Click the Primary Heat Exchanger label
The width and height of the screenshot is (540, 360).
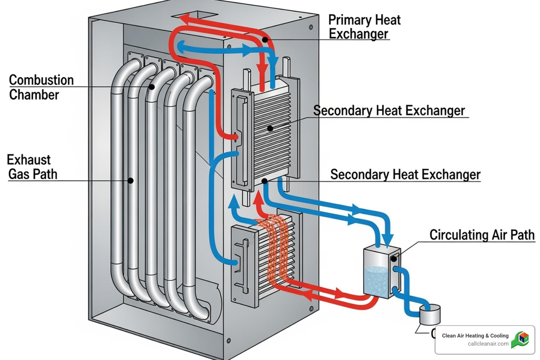click(364, 27)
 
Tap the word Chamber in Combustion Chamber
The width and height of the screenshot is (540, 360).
click(34, 95)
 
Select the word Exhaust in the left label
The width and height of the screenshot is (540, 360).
click(29, 160)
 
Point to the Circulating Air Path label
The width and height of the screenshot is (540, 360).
click(482, 235)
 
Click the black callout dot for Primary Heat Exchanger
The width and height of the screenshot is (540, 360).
click(265, 40)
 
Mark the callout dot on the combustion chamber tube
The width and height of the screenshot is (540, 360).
click(152, 87)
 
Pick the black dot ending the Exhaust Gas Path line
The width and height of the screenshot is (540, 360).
click(130, 181)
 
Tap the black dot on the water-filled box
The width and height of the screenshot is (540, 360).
click(394, 259)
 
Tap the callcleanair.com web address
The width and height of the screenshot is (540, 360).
click(488, 344)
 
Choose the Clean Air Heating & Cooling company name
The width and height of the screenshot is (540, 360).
click(475, 336)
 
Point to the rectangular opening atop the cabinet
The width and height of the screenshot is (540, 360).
click(194, 15)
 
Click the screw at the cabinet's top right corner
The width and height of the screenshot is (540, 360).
click(311, 27)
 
